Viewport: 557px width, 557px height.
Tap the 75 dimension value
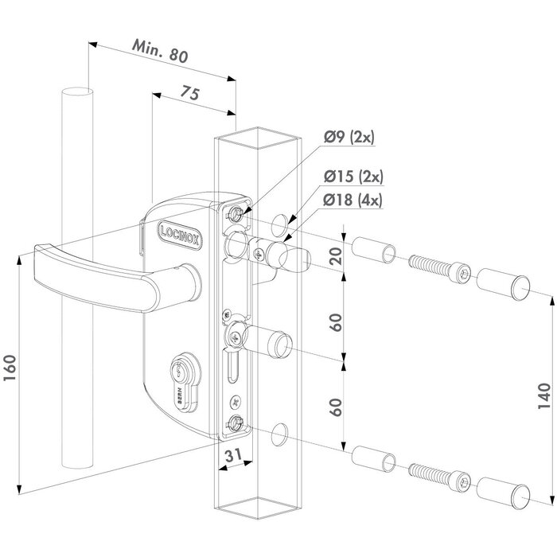coord(189,92)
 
